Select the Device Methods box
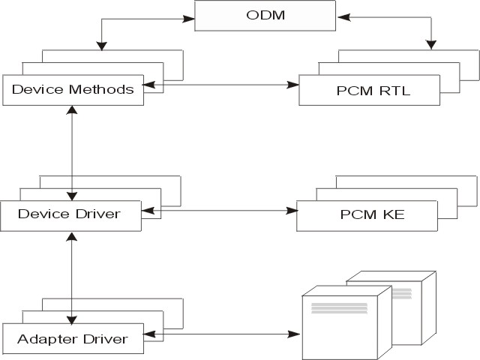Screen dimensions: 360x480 tap(73, 90)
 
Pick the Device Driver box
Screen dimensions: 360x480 tap(69, 214)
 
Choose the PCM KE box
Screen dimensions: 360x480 tap(361, 215)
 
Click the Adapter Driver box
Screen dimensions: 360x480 tap(72, 339)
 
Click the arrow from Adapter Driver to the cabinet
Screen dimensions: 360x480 tap(225, 332)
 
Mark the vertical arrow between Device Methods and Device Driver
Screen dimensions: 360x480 tap(71, 150)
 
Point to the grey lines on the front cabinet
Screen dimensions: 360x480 tap(338, 308)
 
